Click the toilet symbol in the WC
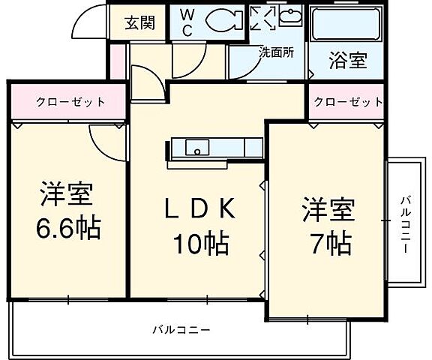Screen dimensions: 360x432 [223, 21]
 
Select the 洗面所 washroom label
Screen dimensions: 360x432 [276, 52]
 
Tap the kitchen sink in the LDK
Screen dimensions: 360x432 [197, 147]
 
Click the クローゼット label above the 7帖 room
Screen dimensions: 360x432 [347, 103]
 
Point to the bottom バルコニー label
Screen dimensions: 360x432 [181, 329]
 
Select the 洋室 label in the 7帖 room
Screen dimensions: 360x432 [328, 208]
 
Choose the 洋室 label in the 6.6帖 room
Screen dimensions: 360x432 [67, 194]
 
